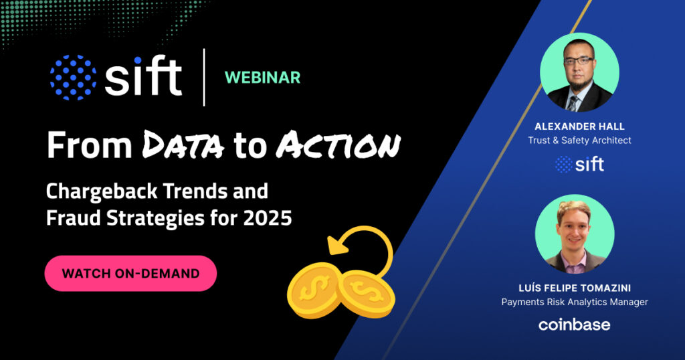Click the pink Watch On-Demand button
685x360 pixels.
(x=130, y=273)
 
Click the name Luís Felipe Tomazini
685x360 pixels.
(x=575, y=288)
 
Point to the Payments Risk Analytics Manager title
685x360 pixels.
(x=575, y=302)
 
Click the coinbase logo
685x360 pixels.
(x=575, y=325)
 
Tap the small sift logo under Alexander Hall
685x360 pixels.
(x=579, y=164)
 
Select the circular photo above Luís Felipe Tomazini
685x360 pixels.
(x=575, y=234)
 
